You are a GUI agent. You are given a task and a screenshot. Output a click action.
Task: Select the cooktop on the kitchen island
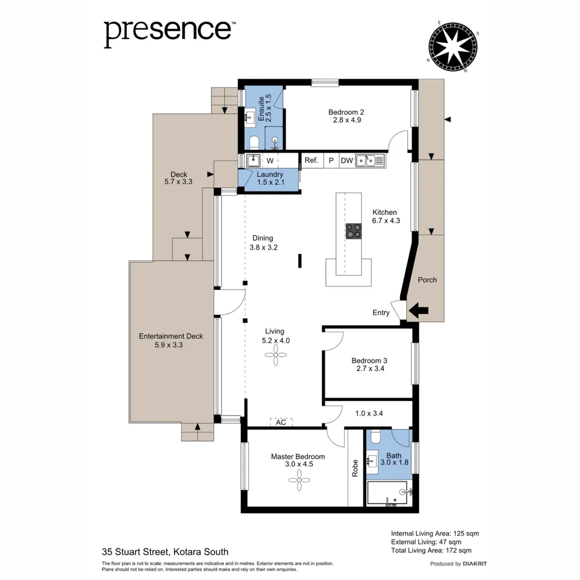(353, 231)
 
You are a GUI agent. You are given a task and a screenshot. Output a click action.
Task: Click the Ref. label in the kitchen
(311, 160)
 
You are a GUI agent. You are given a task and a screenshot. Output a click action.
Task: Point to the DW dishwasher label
(346, 160)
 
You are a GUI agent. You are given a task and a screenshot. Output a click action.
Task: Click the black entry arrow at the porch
(419, 309)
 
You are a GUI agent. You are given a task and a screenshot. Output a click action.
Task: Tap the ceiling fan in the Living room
(277, 354)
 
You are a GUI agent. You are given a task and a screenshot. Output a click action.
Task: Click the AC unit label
(281, 422)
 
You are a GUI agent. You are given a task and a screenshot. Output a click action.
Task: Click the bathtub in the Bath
(388, 493)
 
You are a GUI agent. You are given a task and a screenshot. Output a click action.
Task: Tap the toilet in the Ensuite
(253, 141)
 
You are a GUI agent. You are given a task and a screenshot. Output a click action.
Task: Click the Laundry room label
(270, 175)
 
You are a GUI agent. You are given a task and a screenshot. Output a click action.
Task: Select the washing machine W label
(270, 161)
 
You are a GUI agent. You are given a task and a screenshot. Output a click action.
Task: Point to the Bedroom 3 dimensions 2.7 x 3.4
(370, 368)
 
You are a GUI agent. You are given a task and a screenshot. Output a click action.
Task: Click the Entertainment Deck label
(171, 336)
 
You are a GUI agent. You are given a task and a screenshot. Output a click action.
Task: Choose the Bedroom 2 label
(346, 112)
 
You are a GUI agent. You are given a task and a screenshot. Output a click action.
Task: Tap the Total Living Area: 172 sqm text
(431, 550)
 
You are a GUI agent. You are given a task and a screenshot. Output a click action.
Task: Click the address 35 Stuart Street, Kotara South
(165, 552)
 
